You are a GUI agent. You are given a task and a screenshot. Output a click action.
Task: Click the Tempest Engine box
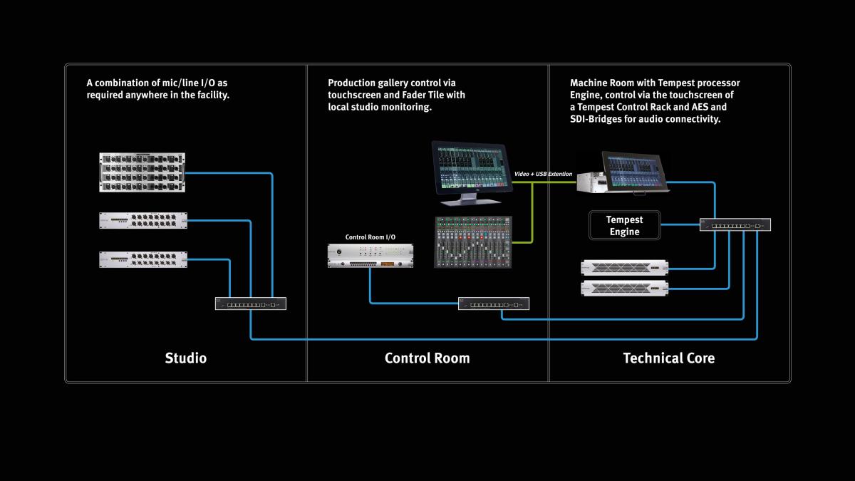coord(623,225)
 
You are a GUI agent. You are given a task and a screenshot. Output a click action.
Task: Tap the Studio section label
coord(185,358)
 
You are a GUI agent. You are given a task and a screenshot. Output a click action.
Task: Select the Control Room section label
coord(427,358)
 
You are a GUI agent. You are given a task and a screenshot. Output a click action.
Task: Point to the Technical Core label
coord(668,358)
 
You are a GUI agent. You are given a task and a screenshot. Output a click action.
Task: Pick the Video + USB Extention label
coord(544,174)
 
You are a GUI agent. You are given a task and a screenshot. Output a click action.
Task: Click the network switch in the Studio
coord(251,304)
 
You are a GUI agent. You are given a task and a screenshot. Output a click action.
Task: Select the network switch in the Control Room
coord(494,304)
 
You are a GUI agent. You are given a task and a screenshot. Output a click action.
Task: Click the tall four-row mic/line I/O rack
coord(142,172)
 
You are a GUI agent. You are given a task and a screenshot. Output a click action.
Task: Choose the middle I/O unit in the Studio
coord(143,222)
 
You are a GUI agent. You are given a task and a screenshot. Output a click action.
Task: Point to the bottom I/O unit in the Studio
coord(143,260)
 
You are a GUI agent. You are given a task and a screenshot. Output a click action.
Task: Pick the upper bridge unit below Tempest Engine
coord(625,268)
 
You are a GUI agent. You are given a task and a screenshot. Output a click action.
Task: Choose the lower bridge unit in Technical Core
coord(625,289)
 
